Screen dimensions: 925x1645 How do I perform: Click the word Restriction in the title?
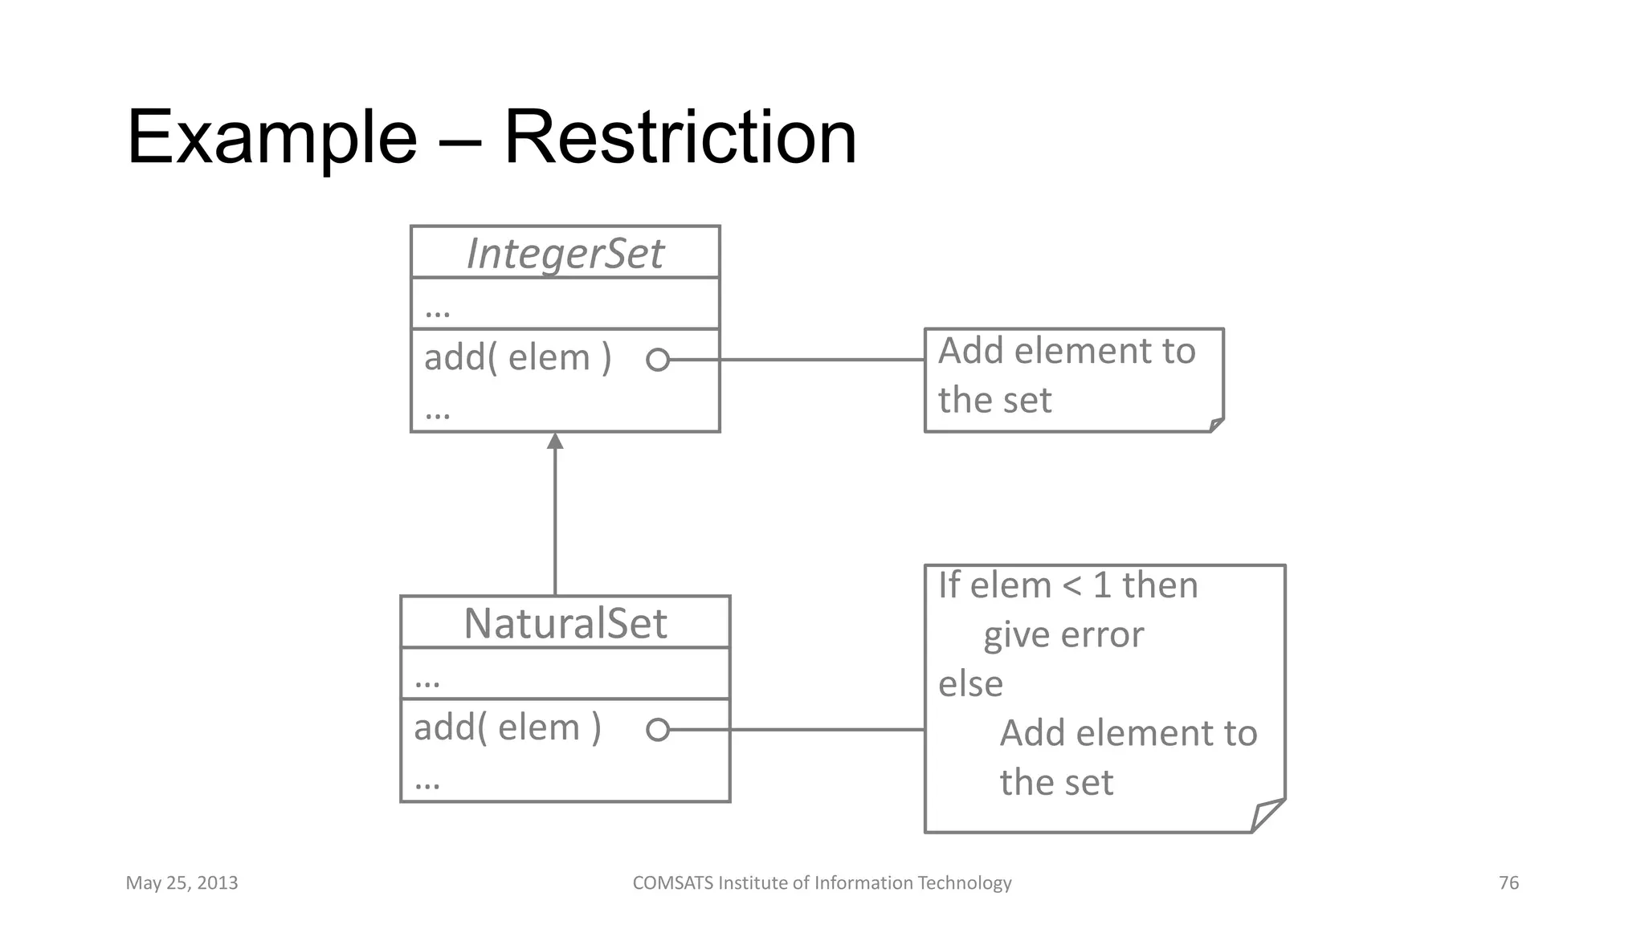680,138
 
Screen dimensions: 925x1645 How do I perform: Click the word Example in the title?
271,138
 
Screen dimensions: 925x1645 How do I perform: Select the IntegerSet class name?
565,254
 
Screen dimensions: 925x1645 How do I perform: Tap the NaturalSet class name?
565,623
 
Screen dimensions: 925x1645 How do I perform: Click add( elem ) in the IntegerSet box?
517,357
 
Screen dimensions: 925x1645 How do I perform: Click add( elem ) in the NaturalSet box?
507,727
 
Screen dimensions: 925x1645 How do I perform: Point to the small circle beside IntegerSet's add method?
657,360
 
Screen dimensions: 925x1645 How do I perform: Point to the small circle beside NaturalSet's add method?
657,730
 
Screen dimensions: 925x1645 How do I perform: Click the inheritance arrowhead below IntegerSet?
555,442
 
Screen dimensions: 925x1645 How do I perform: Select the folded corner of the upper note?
1216,425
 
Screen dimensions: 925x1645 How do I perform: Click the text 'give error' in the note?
1063,635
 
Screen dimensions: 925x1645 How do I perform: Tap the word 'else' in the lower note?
970,684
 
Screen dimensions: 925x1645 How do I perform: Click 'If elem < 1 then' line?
1067,585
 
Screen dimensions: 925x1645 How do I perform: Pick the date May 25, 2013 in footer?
182,883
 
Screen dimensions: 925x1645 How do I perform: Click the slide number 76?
1508,883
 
